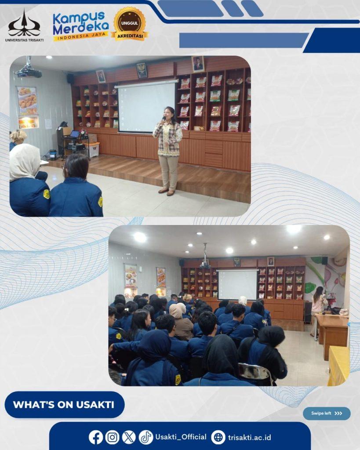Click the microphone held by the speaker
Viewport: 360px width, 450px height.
coord(163,120)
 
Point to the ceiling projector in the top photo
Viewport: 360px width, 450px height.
coord(28,71)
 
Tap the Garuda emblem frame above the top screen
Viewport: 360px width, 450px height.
coord(142,70)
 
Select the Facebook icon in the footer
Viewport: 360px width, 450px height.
coord(95,437)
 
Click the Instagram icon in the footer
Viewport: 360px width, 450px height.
coord(112,437)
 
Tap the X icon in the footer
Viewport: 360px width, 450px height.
coord(129,437)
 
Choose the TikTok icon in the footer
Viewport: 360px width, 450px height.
coord(146,437)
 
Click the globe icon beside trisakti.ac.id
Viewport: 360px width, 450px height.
coord(218,437)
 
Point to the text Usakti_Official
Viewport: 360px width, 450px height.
coord(181,437)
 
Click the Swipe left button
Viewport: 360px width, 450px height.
coord(327,414)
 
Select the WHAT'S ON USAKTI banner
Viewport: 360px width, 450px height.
coord(65,405)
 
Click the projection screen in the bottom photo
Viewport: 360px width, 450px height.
coord(237,284)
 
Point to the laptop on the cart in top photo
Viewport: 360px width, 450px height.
coord(74,134)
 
